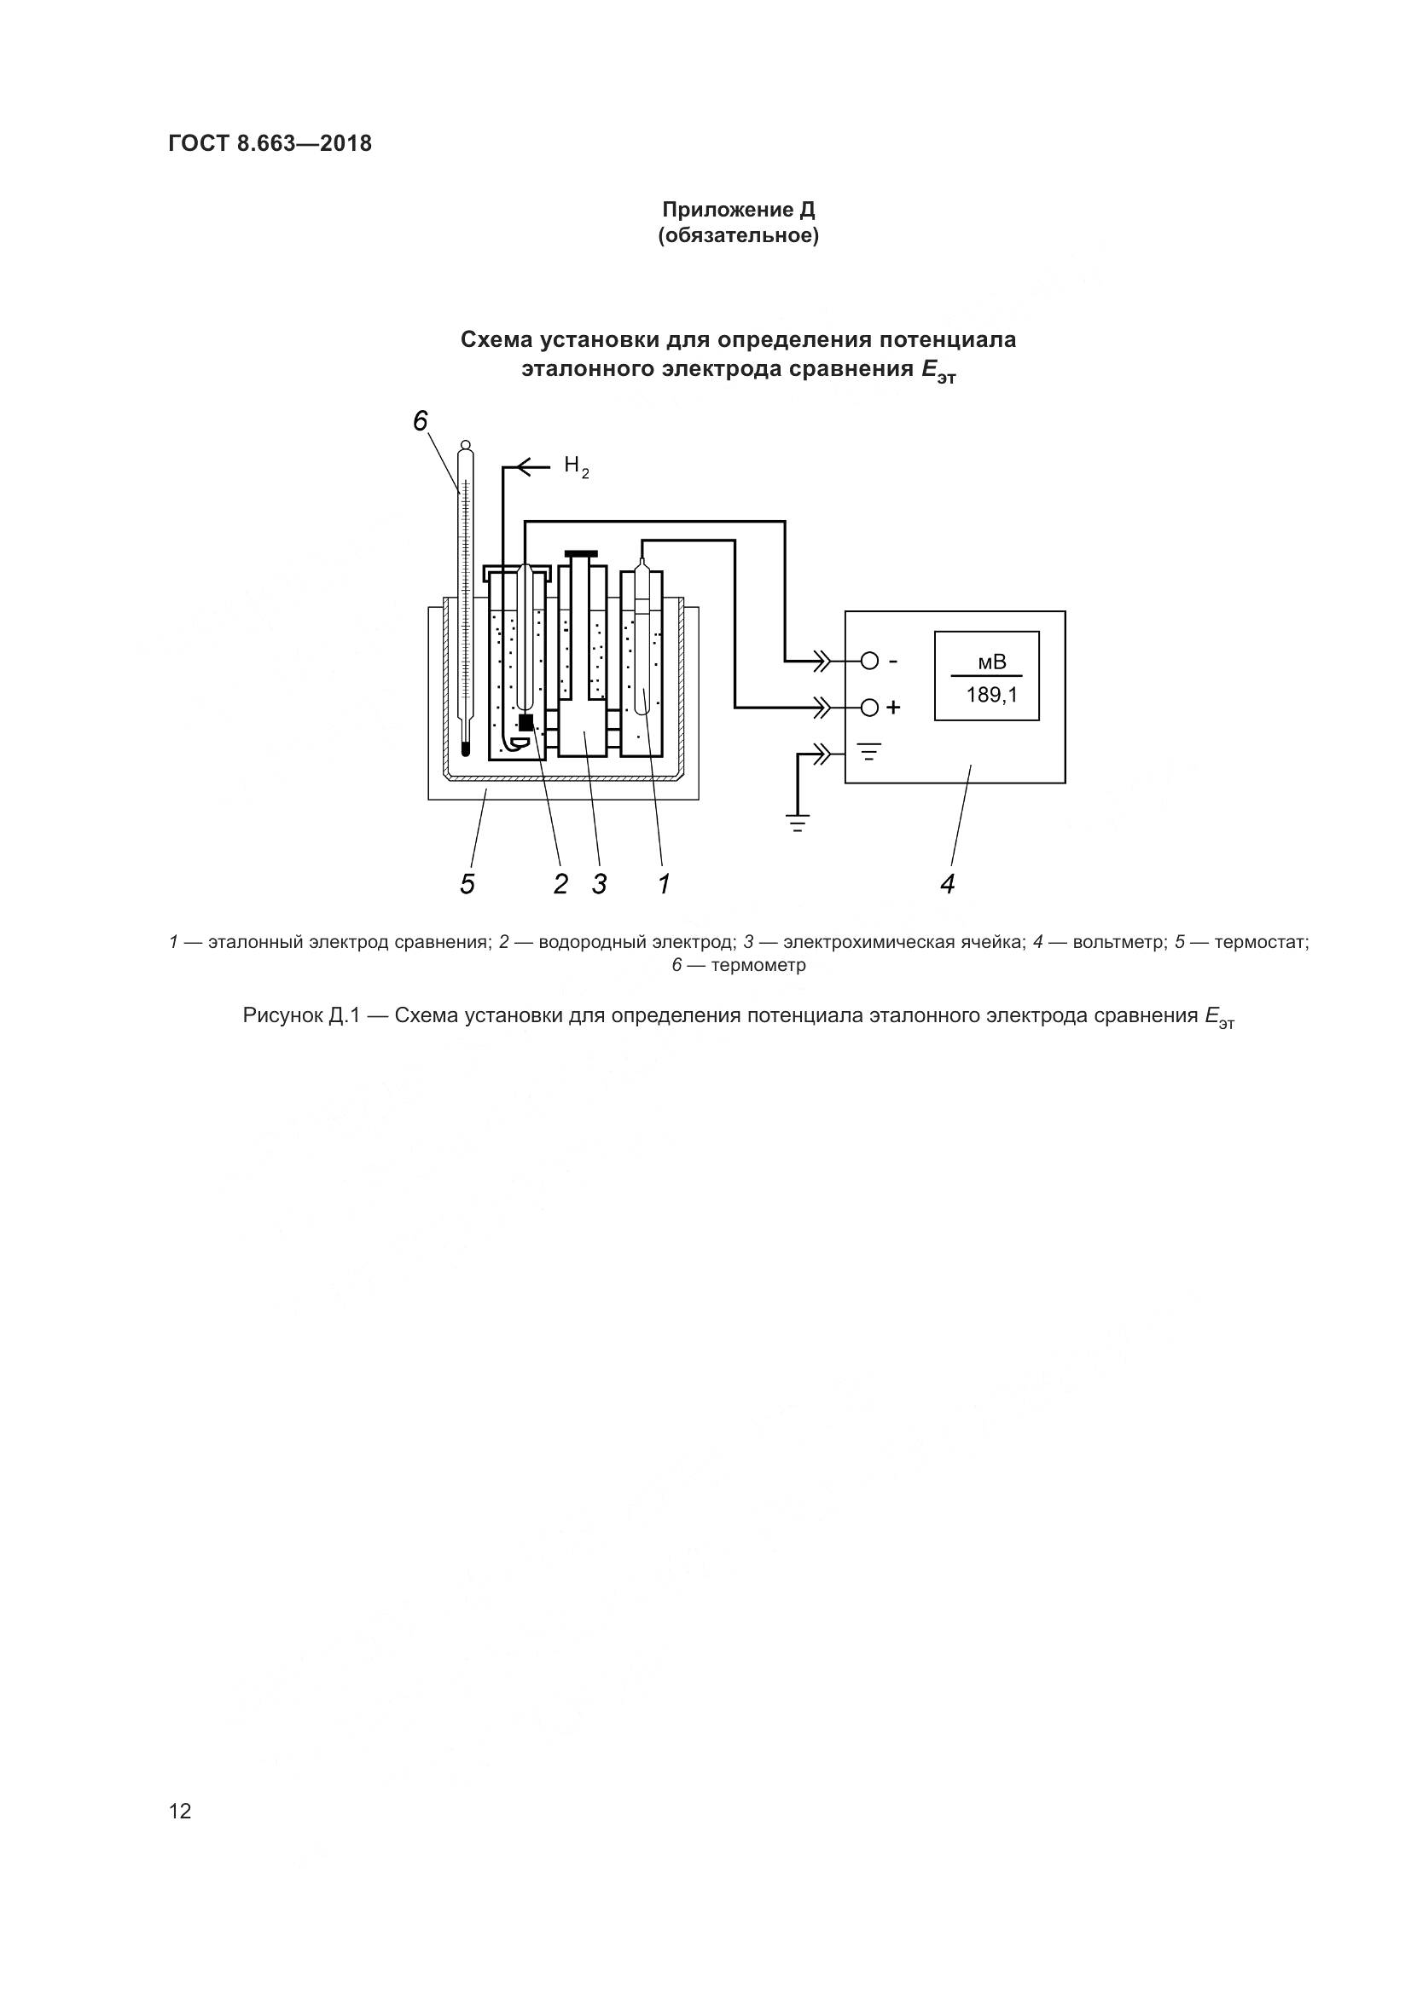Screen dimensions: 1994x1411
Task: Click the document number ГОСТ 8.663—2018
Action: pyautogui.click(x=270, y=143)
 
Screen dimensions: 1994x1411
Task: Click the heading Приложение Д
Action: pyautogui.click(x=738, y=210)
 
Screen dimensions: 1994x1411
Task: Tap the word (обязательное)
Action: pyautogui.click(x=738, y=236)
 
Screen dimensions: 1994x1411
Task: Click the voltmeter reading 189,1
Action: pyautogui.click(x=991, y=695)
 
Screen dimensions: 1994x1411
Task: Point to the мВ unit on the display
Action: pyautogui.click(x=991, y=662)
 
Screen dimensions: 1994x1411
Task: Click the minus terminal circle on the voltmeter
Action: pyautogui.click(x=868, y=662)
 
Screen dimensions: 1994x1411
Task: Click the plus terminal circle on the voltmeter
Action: pyautogui.click(x=868, y=708)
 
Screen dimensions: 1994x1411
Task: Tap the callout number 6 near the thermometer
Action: pyautogui.click(x=421, y=421)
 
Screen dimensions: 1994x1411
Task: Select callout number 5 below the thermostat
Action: pyautogui.click(x=467, y=884)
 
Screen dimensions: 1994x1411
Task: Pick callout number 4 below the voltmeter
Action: pyautogui.click(x=947, y=884)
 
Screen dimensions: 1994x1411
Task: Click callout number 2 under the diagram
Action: pyautogui.click(x=560, y=884)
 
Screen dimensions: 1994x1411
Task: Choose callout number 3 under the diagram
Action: pyautogui.click(x=599, y=884)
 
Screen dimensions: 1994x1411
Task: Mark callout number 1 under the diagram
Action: pyautogui.click(x=664, y=884)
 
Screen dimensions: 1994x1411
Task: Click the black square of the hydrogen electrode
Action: pyautogui.click(x=525, y=721)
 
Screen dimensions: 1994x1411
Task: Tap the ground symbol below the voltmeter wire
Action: pyautogui.click(x=798, y=823)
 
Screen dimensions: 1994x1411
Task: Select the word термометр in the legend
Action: pyautogui.click(x=758, y=966)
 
